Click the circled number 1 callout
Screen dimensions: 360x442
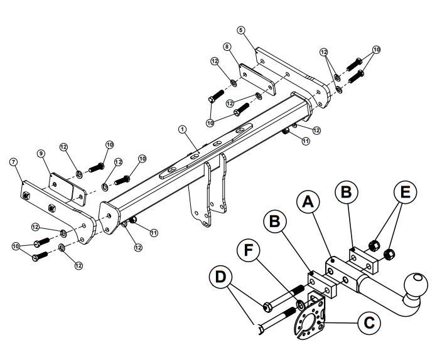pos(183,129)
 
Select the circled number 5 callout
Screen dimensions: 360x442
pos(242,29)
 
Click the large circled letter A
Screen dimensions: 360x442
pos(307,202)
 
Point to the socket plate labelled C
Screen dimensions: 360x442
pos(310,319)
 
